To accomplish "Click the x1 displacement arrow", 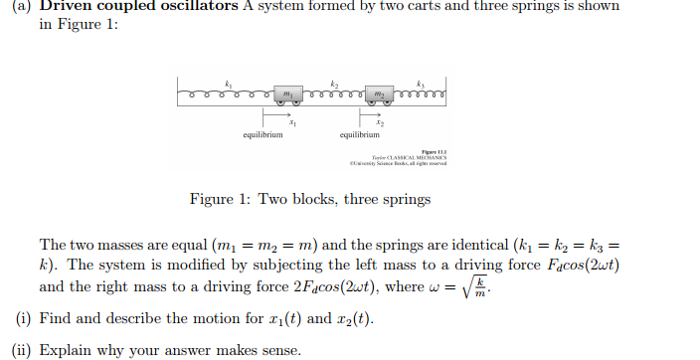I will (272, 111).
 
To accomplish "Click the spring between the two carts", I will (333, 92).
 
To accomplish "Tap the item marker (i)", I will (21, 319).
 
